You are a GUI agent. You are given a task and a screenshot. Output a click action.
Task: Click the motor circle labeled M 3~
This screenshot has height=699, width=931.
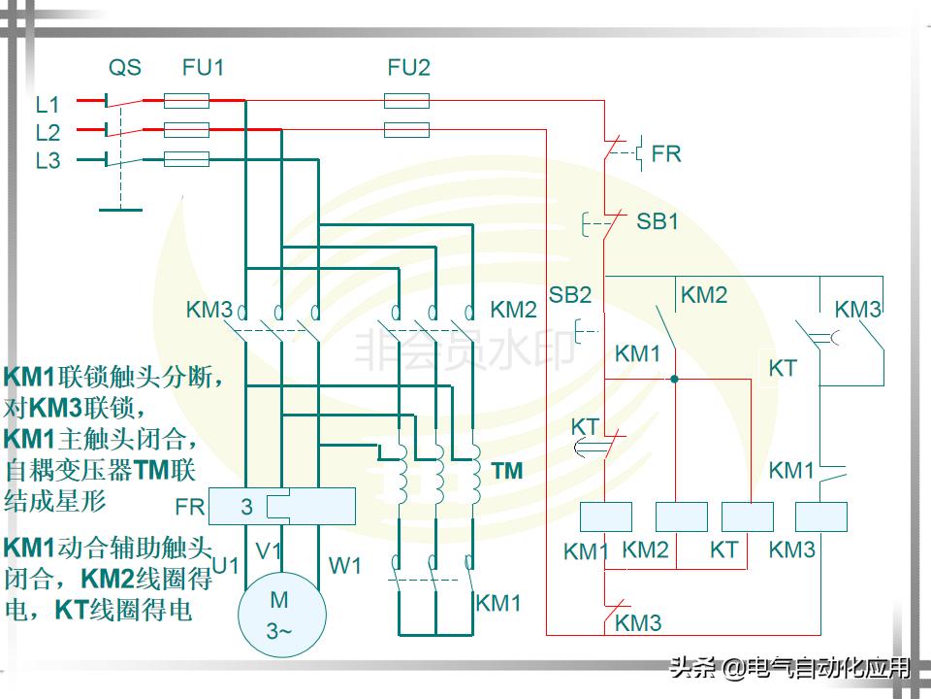[x=282, y=616]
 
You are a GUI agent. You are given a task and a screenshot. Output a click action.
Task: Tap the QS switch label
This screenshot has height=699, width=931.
[x=124, y=68]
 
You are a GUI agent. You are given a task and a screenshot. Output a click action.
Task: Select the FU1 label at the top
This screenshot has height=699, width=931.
[x=203, y=68]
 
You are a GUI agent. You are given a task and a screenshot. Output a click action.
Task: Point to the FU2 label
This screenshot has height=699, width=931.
[x=408, y=68]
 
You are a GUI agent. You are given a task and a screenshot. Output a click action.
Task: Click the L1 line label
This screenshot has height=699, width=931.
[x=48, y=104]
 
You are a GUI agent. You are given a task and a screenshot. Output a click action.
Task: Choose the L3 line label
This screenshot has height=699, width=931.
[x=48, y=161]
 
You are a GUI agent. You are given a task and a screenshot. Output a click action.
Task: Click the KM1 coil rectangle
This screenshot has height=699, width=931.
[x=605, y=516]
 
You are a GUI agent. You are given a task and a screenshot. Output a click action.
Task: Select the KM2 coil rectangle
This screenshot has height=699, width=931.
[x=682, y=516]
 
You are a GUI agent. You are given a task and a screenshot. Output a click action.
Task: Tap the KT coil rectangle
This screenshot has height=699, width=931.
[x=749, y=516]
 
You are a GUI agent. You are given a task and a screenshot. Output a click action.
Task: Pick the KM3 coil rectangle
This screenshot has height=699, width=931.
[x=820, y=516]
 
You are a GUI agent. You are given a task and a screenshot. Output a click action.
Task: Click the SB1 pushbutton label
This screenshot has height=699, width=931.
[x=658, y=221]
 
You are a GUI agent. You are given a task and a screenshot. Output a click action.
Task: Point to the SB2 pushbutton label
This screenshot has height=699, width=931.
[x=569, y=295]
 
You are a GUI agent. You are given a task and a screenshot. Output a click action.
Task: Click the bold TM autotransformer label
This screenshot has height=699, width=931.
[x=506, y=472]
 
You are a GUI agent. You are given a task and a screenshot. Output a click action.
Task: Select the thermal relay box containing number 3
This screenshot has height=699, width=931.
[x=281, y=506]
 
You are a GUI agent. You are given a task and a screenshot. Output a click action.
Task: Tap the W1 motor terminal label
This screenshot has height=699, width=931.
[x=345, y=564]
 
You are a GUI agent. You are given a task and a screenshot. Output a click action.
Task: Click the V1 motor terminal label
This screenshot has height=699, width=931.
[x=269, y=550]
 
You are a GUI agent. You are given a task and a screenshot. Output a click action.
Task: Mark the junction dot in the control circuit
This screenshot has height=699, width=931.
[x=674, y=379]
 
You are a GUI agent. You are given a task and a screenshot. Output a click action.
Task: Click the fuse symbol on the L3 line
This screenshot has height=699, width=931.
[x=186, y=159]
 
